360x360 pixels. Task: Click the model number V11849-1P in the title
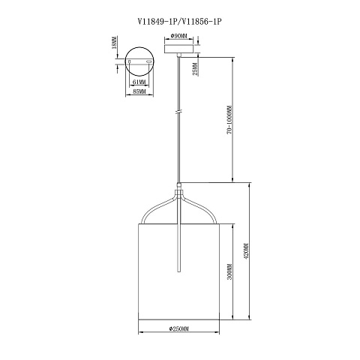click(158, 22)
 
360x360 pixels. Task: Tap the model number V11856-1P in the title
click(201, 22)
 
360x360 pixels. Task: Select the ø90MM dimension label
click(179, 36)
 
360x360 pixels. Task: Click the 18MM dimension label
click(114, 42)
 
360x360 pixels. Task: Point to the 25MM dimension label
click(196, 69)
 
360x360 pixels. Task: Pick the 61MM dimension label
click(139, 82)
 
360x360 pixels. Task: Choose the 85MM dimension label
click(139, 91)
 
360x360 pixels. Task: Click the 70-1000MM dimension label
click(229, 121)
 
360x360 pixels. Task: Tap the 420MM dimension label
click(247, 251)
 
